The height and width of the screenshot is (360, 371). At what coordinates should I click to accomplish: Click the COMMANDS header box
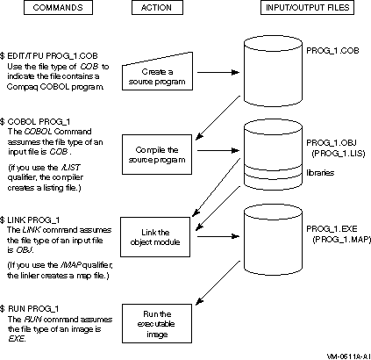click(58, 8)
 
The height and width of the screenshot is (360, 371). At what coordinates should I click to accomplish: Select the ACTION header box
click(157, 8)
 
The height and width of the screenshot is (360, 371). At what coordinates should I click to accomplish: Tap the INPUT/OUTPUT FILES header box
click(307, 8)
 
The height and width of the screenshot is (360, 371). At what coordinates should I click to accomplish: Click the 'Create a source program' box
click(157, 76)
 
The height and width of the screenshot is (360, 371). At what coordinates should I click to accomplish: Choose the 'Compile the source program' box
click(157, 155)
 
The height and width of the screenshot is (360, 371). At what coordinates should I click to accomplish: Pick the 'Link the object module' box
click(155, 237)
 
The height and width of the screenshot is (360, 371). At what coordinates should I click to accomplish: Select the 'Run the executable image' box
click(157, 323)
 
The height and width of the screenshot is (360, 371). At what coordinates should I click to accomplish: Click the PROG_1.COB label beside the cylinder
click(332, 51)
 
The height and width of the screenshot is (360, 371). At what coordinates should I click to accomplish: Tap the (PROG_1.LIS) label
click(339, 154)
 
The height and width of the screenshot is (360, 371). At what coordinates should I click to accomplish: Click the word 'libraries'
click(320, 173)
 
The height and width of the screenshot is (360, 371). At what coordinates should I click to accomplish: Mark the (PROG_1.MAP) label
click(341, 240)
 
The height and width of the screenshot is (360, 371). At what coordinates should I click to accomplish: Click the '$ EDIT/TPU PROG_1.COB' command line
click(49, 56)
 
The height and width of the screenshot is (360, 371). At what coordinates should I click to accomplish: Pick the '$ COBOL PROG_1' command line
click(35, 121)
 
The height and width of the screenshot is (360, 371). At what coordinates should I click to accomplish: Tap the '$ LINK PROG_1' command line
click(30, 220)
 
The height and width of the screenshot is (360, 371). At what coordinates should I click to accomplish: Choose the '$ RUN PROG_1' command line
click(30, 309)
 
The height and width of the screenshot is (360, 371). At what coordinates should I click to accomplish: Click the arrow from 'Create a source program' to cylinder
click(218, 72)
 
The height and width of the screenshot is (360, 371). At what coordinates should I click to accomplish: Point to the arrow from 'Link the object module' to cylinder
click(218, 236)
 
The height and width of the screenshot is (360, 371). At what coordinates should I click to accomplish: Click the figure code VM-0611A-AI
click(349, 356)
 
